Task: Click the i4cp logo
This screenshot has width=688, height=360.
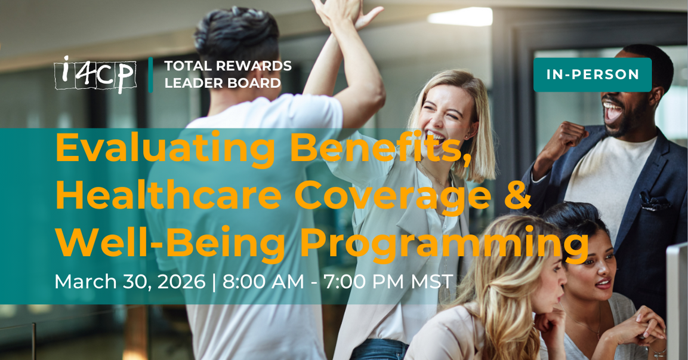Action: tap(95, 74)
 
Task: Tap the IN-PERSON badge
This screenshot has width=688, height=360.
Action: tap(593, 75)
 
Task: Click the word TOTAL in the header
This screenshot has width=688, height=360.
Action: tap(187, 66)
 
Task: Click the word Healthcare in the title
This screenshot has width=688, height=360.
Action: tap(168, 195)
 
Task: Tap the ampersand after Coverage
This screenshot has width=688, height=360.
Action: tap(517, 195)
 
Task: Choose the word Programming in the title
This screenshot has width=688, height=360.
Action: tap(445, 243)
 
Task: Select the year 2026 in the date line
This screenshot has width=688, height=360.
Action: tap(181, 281)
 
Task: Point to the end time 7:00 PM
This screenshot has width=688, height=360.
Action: tap(364, 281)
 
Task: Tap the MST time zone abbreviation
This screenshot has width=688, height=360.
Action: tap(431, 281)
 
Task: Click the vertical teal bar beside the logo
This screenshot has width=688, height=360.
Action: tap(150, 75)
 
